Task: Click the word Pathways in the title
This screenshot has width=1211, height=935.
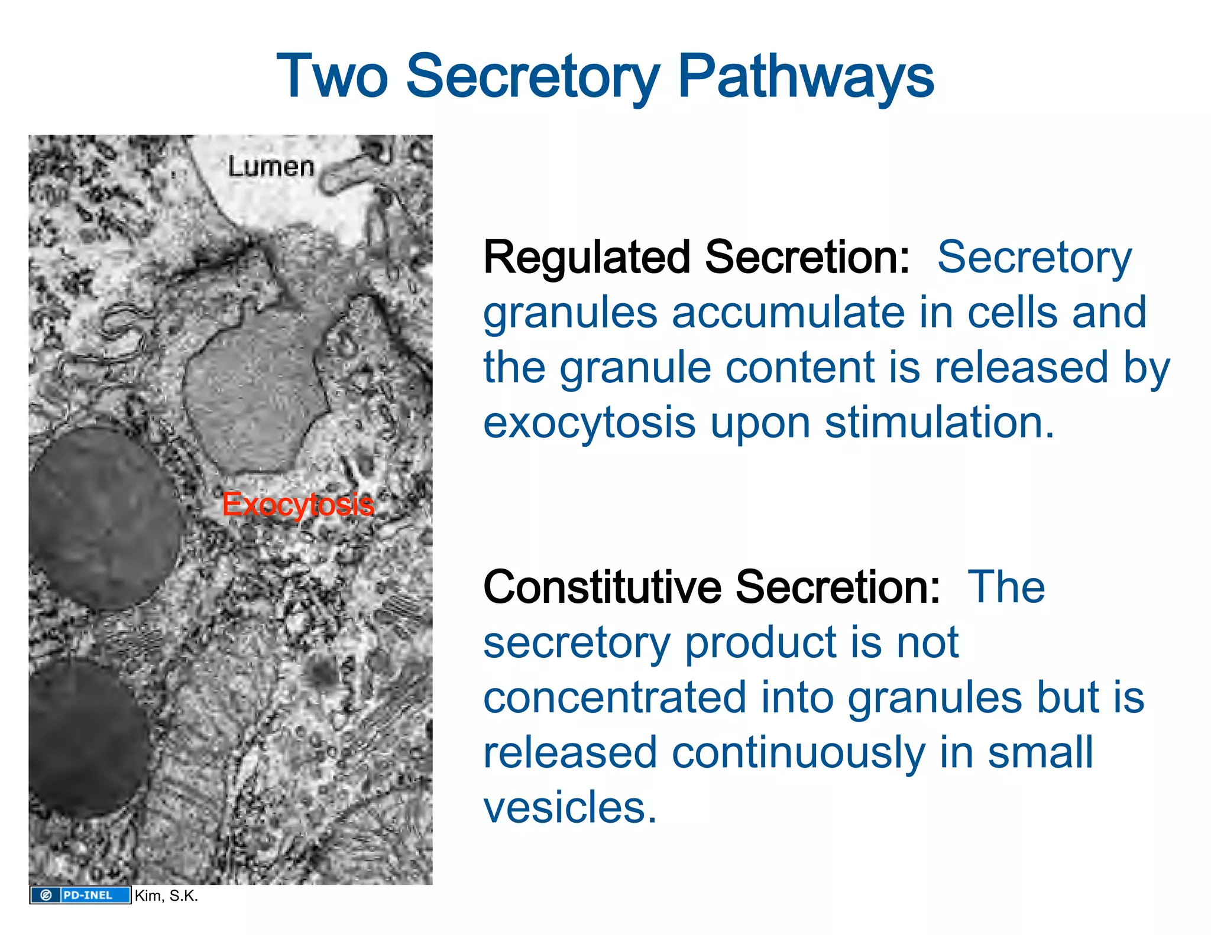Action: click(805, 77)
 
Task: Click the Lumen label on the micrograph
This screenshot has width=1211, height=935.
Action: click(271, 167)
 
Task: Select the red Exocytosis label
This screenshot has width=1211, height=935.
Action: click(297, 505)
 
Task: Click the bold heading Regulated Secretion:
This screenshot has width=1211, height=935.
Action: click(697, 258)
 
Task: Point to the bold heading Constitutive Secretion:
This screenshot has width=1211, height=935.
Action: click(711, 587)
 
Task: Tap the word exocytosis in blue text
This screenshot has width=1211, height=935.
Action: click(589, 424)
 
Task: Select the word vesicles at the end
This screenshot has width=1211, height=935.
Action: click(569, 807)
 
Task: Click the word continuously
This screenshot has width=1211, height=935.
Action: click(798, 753)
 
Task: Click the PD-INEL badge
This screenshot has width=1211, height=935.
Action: click(80, 895)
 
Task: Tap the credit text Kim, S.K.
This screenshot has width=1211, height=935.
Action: click(166, 895)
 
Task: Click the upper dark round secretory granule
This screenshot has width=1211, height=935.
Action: click(101, 517)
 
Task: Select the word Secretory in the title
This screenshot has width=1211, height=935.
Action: click(532, 77)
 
